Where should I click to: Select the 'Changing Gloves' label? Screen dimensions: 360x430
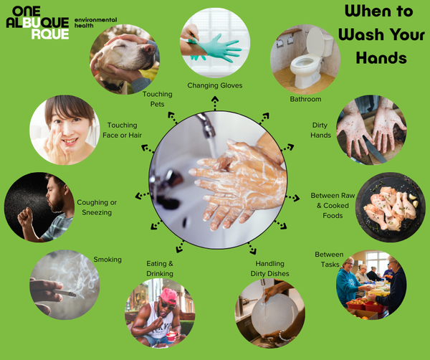point(215,85)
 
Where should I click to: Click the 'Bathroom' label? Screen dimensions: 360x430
point(305,99)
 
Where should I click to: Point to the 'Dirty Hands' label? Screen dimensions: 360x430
point(320,130)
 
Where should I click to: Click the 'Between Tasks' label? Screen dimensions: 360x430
point(329,260)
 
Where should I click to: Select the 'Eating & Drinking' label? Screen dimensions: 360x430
point(160,268)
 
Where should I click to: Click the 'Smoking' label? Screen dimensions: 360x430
point(107,260)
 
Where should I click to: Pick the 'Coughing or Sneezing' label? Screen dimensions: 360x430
point(97,207)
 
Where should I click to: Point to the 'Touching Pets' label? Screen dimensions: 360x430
point(157,99)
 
